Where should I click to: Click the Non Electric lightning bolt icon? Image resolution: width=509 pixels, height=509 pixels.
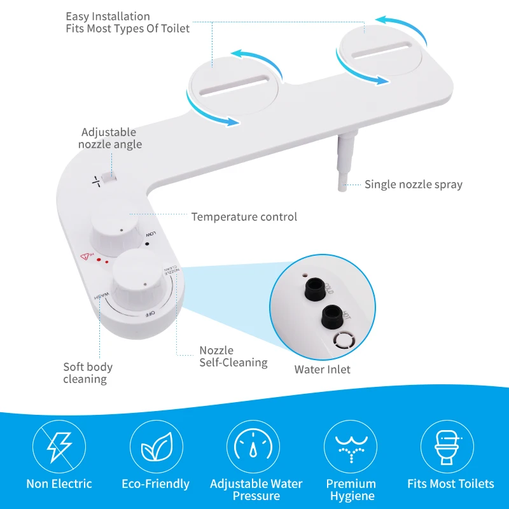(x=59, y=445)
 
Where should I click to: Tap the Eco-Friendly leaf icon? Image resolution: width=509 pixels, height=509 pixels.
(x=157, y=445)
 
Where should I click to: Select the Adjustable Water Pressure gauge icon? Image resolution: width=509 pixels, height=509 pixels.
(x=254, y=445)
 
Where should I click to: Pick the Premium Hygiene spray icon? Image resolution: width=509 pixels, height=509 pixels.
(x=351, y=445)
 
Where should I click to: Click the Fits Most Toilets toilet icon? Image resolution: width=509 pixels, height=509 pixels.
(x=449, y=445)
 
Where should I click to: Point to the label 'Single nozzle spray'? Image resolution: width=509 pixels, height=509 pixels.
(x=413, y=185)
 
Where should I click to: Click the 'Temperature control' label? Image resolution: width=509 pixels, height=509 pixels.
(x=244, y=217)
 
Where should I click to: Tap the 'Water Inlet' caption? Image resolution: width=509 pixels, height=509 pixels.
(x=322, y=369)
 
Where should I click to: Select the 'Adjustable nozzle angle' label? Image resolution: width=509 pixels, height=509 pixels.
(x=109, y=138)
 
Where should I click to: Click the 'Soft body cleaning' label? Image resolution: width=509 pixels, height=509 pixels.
(x=88, y=373)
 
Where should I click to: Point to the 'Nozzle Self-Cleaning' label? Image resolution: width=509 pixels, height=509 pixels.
(x=233, y=356)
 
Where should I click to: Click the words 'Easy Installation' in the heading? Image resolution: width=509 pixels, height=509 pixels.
(x=108, y=17)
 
